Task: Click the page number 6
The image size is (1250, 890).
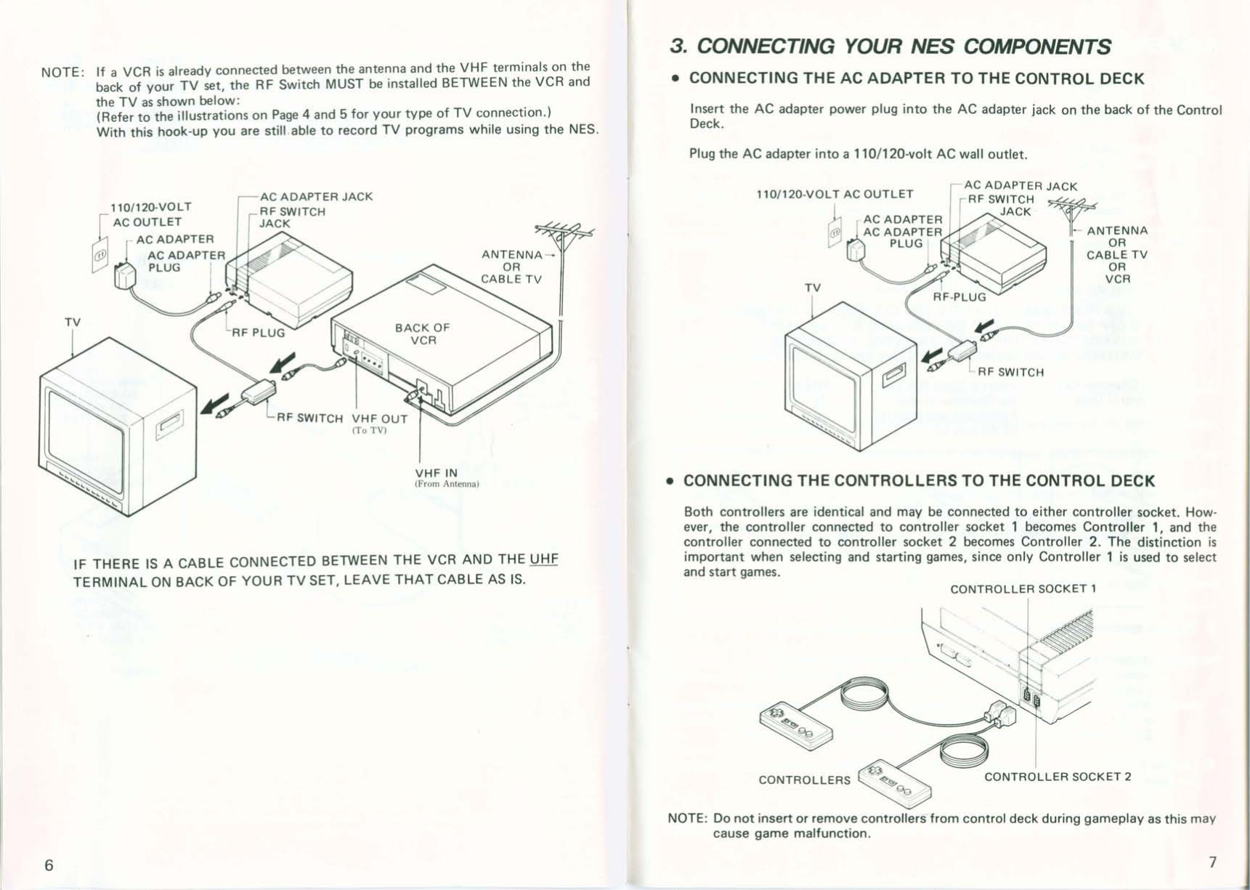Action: [49, 865]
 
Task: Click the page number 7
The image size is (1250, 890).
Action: [1212, 862]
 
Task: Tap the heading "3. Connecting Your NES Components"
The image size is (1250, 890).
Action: [890, 46]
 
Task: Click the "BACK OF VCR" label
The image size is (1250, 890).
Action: [422, 333]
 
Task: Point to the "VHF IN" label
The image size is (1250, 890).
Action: [436, 472]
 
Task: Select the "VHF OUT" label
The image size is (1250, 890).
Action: [379, 418]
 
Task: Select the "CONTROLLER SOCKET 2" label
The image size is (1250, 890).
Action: [1058, 776]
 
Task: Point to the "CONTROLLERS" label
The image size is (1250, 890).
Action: [804, 780]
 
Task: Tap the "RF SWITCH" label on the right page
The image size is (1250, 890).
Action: [1010, 372]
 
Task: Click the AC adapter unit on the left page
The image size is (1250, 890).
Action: [125, 276]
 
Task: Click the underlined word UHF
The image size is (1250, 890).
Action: [543, 559]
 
